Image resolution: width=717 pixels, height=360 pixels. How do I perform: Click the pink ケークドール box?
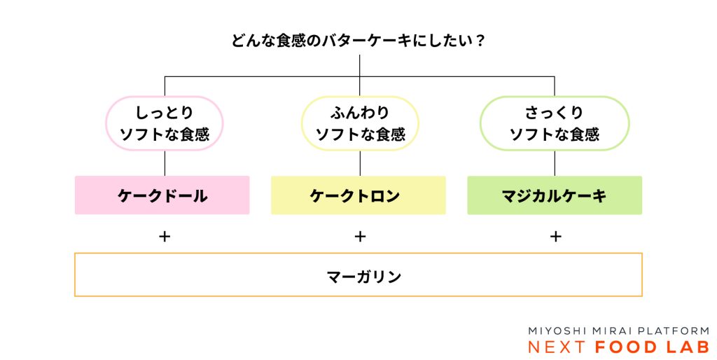point(162,195)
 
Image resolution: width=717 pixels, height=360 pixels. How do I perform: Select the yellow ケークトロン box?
point(358,195)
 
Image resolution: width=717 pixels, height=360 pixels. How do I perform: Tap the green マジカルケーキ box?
point(554,195)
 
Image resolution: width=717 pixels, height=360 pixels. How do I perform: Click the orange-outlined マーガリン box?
point(358,275)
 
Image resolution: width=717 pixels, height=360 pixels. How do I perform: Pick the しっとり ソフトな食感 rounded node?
point(165,123)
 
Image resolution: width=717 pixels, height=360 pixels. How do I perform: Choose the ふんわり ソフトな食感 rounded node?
point(360,123)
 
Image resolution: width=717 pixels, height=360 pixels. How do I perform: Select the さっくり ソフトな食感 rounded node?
point(555,123)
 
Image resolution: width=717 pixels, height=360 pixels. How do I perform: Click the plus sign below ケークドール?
point(165,237)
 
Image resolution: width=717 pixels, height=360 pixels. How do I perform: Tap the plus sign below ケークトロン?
point(360,237)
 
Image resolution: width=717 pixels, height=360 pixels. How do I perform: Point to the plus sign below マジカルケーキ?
point(555,237)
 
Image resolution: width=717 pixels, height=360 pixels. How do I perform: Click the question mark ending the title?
point(480,41)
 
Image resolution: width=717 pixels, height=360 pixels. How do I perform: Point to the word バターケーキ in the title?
point(366,41)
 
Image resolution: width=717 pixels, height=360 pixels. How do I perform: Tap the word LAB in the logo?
point(688,347)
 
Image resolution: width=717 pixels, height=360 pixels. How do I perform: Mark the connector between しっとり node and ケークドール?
point(165,163)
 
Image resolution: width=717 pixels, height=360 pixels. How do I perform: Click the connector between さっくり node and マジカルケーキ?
point(555,163)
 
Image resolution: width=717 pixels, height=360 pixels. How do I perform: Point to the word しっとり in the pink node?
point(165,112)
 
